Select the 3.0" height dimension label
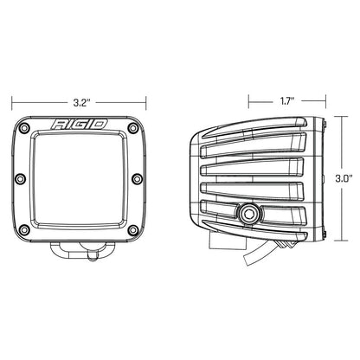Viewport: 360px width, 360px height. (x=345, y=178)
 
